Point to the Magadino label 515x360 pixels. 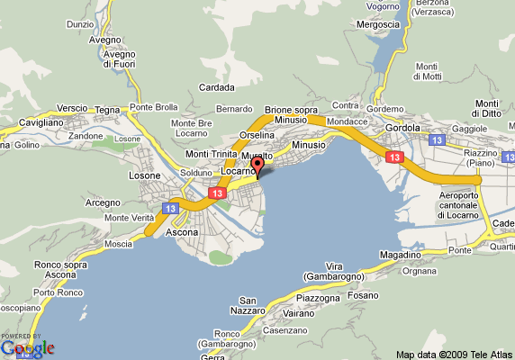(x=401, y=256)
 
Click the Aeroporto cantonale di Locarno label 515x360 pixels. (x=464, y=205)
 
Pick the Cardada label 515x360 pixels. (x=216, y=87)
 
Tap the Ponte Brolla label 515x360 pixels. (x=152, y=107)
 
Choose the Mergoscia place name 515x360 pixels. (x=376, y=24)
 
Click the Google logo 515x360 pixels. (x=27, y=347)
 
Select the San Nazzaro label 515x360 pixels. (x=255, y=305)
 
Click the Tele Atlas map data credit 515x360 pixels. (x=454, y=354)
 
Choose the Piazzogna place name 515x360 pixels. (x=318, y=297)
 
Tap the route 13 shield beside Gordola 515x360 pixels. (x=437, y=141)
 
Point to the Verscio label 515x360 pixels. (x=72, y=108)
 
